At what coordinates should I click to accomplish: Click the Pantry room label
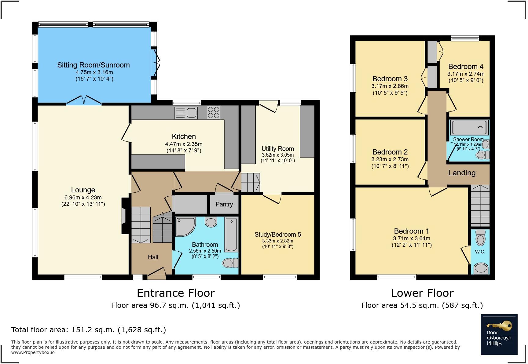click(x=224, y=204)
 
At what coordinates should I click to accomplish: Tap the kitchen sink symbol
click(x=186, y=113)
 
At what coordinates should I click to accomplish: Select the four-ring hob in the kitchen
click(x=213, y=112)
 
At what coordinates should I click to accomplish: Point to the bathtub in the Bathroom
click(x=231, y=234)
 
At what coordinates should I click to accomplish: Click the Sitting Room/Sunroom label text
click(x=94, y=65)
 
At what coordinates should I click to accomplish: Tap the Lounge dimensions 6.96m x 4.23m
click(x=83, y=198)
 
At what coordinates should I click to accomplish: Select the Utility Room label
click(x=277, y=149)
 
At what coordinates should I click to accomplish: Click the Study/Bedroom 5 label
click(x=277, y=235)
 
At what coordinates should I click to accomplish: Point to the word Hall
click(x=153, y=257)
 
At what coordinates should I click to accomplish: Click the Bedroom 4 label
click(x=466, y=67)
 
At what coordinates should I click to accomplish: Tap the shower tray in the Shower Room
click(x=469, y=128)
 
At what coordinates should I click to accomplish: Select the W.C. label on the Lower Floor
click(x=480, y=252)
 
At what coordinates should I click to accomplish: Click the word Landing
click(x=462, y=173)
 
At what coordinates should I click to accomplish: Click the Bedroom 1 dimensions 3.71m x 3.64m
click(x=412, y=238)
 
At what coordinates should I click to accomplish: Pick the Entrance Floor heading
click(x=176, y=293)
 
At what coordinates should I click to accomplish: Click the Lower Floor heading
click(x=422, y=293)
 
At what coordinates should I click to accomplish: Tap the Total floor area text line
click(x=89, y=330)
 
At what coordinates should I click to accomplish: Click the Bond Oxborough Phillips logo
click(x=499, y=334)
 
